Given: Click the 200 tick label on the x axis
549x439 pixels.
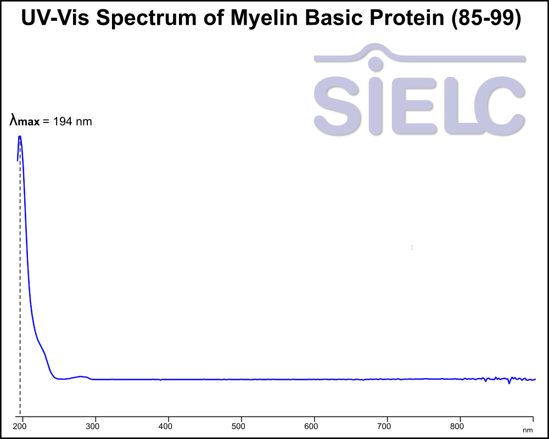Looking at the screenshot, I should pyautogui.click(x=21, y=425).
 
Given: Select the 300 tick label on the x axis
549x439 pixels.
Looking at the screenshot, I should pyautogui.click(x=94, y=425).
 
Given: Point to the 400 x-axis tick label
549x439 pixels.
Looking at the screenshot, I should pyautogui.click(x=167, y=425).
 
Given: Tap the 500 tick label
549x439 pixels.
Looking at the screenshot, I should pyautogui.click(x=240, y=425).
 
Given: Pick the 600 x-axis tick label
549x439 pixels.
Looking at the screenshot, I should pyautogui.click(x=313, y=425).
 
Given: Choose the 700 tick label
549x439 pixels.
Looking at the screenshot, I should pyautogui.click(x=386, y=425).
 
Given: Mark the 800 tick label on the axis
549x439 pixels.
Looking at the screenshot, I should pyautogui.click(x=460, y=425).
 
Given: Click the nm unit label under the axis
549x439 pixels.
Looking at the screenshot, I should pyautogui.click(x=528, y=430).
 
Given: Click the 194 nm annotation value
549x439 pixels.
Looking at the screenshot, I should pyautogui.click(x=72, y=121).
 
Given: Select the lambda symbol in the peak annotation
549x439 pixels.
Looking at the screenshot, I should pyautogui.click(x=14, y=120).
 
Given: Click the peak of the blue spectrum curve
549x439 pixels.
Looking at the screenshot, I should pyautogui.click(x=20, y=136).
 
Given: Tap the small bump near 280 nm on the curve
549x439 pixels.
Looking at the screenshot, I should pyautogui.click(x=81, y=376).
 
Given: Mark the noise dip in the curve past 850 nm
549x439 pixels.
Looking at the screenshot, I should pyautogui.click(x=509, y=383).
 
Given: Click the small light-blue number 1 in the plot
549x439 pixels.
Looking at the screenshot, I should pyautogui.click(x=412, y=248).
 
